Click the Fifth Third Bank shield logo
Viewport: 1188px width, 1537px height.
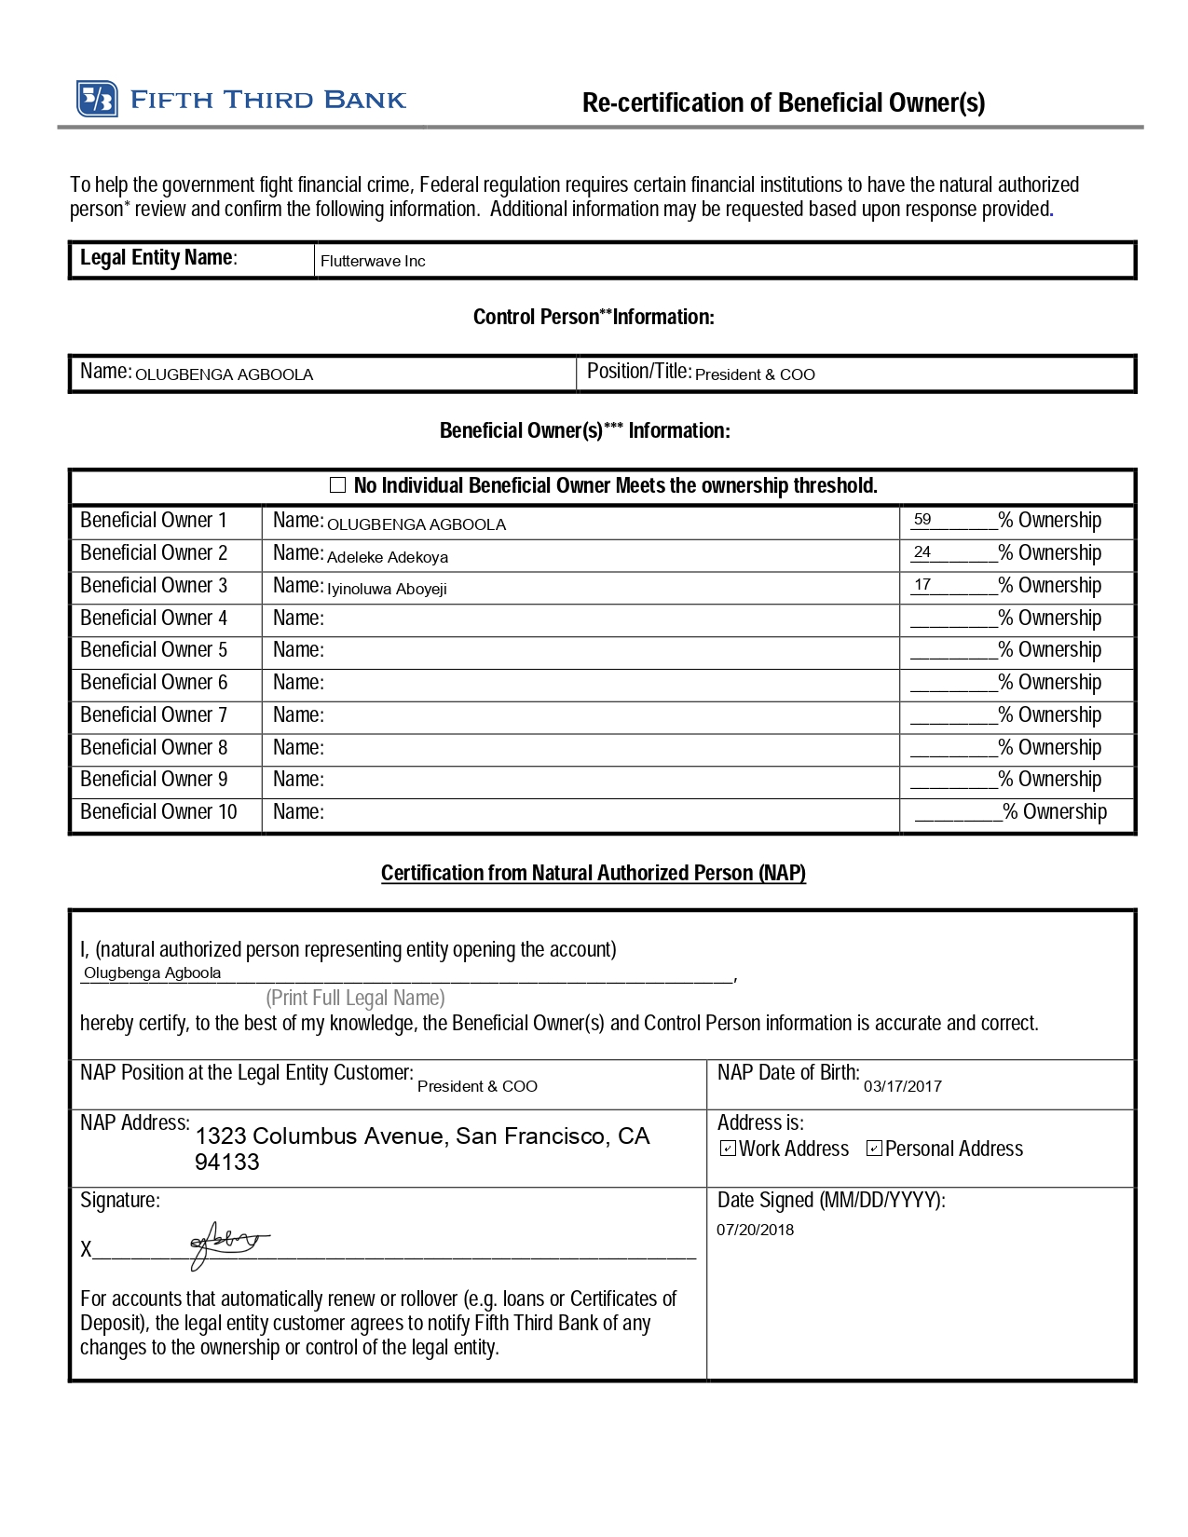point(97,99)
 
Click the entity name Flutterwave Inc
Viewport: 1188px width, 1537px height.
point(373,262)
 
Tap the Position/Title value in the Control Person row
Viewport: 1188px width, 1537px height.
point(755,374)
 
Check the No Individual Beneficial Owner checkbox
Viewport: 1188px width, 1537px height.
point(337,485)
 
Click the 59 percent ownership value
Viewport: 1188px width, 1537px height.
point(922,520)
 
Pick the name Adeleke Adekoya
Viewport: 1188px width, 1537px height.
point(388,557)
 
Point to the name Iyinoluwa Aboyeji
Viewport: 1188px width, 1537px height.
point(387,589)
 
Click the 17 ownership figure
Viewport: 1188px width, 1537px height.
point(922,585)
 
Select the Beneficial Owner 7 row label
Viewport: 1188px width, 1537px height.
point(154,715)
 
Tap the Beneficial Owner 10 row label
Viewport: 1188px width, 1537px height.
point(158,812)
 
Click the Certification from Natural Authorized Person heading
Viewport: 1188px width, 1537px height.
point(594,874)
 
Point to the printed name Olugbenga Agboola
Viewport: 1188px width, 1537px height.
point(153,973)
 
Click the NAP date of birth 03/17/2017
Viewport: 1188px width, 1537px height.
point(902,1086)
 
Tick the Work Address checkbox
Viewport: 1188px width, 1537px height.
point(729,1149)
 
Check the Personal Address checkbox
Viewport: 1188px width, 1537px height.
point(874,1149)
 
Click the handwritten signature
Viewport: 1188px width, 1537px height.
point(227,1243)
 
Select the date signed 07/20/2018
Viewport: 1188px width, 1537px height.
point(755,1230)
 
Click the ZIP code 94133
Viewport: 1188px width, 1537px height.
point(227,1163)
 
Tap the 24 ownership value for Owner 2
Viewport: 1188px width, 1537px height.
point(922,552)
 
